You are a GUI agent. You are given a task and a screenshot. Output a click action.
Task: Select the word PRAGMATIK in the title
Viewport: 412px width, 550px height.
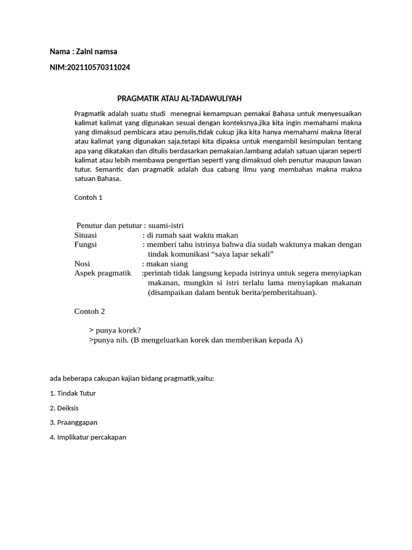[x=137, y=98]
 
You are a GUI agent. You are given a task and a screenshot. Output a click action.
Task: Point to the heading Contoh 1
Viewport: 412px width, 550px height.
[x=88, y=197]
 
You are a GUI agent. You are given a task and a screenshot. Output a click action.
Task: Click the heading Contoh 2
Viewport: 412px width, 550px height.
[x=89, y=311]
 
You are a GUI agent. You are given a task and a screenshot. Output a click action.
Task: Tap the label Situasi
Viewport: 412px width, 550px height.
[x=85, y=235]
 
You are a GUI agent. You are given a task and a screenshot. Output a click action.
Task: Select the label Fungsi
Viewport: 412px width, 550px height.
[x=85, y=244]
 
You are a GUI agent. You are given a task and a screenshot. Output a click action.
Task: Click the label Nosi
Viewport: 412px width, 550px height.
[x=82, y=264]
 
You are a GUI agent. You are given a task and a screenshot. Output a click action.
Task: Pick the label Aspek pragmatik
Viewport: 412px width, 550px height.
[x=102, y=273]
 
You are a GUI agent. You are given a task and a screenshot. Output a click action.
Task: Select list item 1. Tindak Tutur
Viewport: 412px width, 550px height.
[x=72, y=393]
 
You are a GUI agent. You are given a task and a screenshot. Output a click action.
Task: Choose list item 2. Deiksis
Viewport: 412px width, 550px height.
[x=64, y=408]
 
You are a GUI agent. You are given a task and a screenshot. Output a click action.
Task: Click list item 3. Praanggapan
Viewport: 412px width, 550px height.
[x=73, y=423]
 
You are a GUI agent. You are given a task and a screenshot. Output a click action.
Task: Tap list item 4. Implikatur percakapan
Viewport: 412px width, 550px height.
[x=88, y=437]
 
